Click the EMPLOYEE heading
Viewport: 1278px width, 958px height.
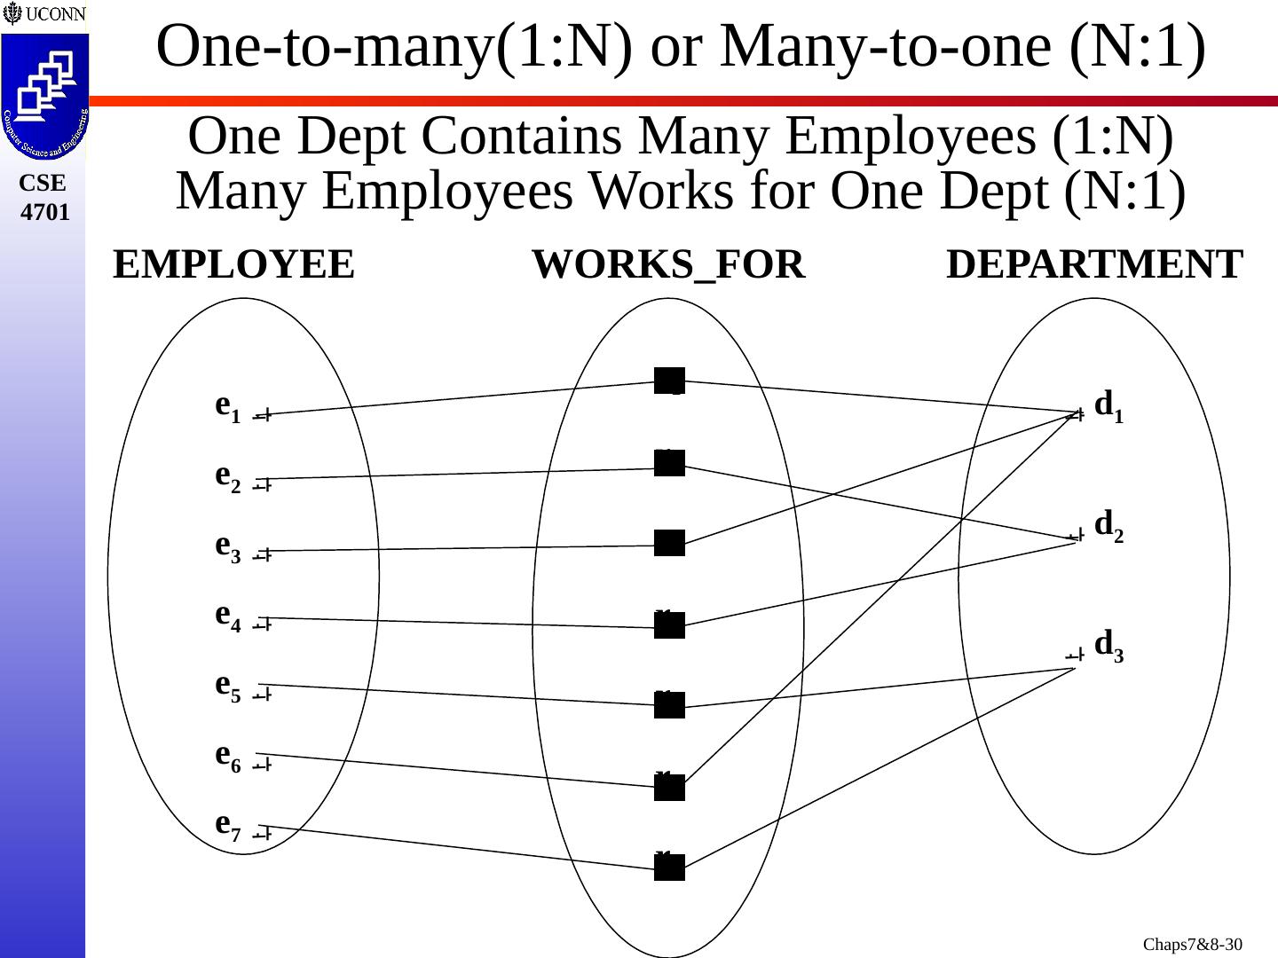[x=233, y=265]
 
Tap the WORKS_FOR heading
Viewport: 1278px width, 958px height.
[x=667, y=265]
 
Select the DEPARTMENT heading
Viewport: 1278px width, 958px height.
[x=1094, y=265]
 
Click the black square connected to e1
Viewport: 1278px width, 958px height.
[x=669, y=381]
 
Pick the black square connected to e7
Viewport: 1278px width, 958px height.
[x=669, y=868]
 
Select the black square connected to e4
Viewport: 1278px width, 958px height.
[x=669, y=625]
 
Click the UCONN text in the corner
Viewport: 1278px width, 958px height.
[x=53, y=14]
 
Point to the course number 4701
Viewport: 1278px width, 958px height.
[x=44, y=213]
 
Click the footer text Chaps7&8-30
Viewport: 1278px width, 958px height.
[x=1192, y=945]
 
